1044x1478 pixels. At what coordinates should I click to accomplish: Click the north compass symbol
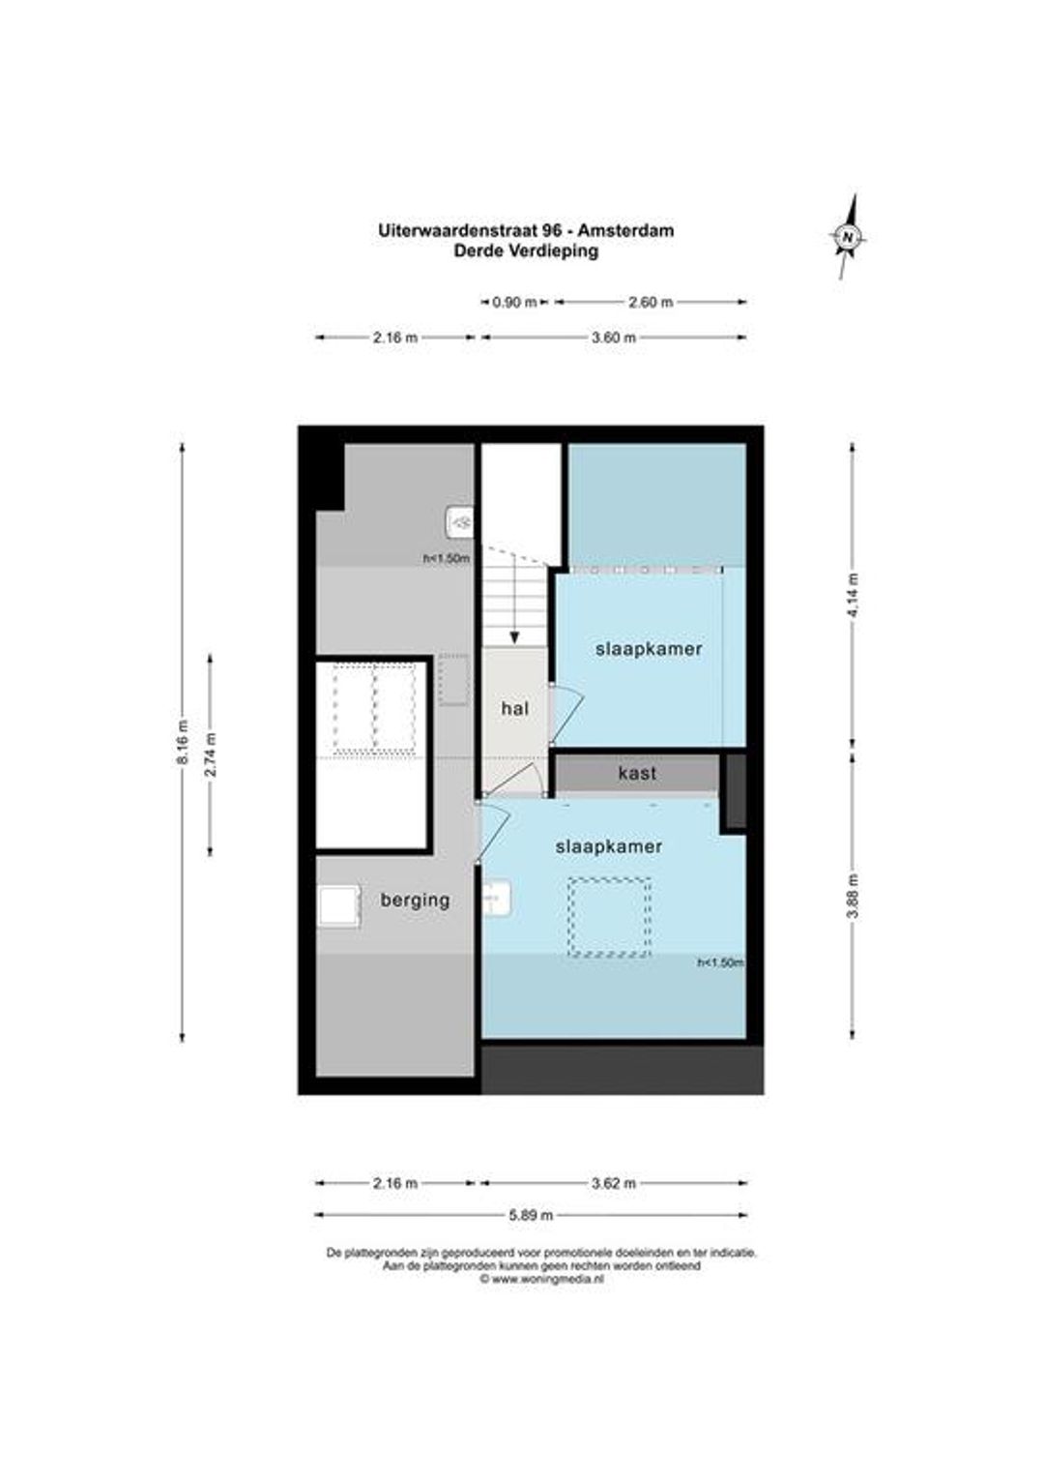849,236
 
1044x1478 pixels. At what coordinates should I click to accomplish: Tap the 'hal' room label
514,709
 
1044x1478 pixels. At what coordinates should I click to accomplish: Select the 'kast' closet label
637,773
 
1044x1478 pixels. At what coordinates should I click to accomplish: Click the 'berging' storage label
415,901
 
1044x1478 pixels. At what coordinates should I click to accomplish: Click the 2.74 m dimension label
211,754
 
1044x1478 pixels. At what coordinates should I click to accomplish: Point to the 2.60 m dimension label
651,302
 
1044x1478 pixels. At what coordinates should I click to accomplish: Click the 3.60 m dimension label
613,338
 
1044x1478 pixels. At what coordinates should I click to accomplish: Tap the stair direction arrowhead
514,638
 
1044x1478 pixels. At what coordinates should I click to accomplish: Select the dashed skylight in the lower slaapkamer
609,917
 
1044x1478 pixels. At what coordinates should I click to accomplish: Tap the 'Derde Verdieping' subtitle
526,251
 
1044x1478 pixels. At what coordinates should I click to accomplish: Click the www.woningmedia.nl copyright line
541,1278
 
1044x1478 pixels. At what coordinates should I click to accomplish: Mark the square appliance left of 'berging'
339,906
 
